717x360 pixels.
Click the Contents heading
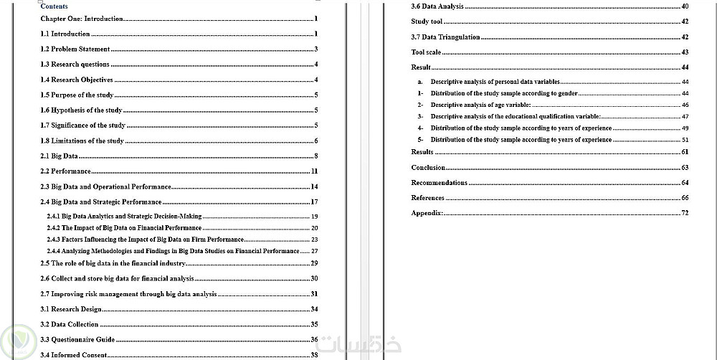tap(54, 6)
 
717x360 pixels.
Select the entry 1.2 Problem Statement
tap(75, 49)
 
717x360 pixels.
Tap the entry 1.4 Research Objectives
tap(77, 80)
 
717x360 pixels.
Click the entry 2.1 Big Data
tap(60, 156)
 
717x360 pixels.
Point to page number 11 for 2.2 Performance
tap(314, 171)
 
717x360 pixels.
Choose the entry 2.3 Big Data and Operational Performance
tap(105, 186)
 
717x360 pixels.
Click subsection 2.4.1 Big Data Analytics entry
tap(125, 216)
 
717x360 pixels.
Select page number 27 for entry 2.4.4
tap(314, 251)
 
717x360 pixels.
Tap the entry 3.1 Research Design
tap(71, 309)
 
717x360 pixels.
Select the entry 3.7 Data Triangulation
tap(445, 37)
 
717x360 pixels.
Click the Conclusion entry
tap(428, 167)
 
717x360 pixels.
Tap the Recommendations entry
tap(439, 182)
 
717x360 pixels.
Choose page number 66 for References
tap(685, 197)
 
